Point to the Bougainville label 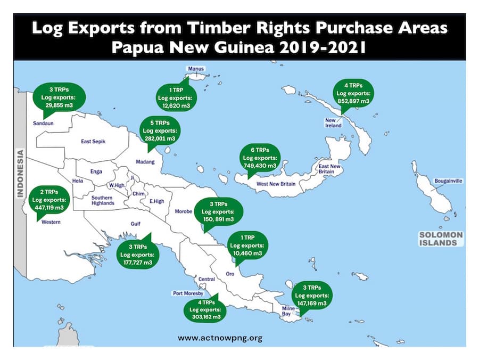tap(447, 181)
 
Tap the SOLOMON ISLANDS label tap(441, 239)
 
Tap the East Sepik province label tap(94, 142)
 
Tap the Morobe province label tap(183, 212)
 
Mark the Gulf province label tap(136, 224)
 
